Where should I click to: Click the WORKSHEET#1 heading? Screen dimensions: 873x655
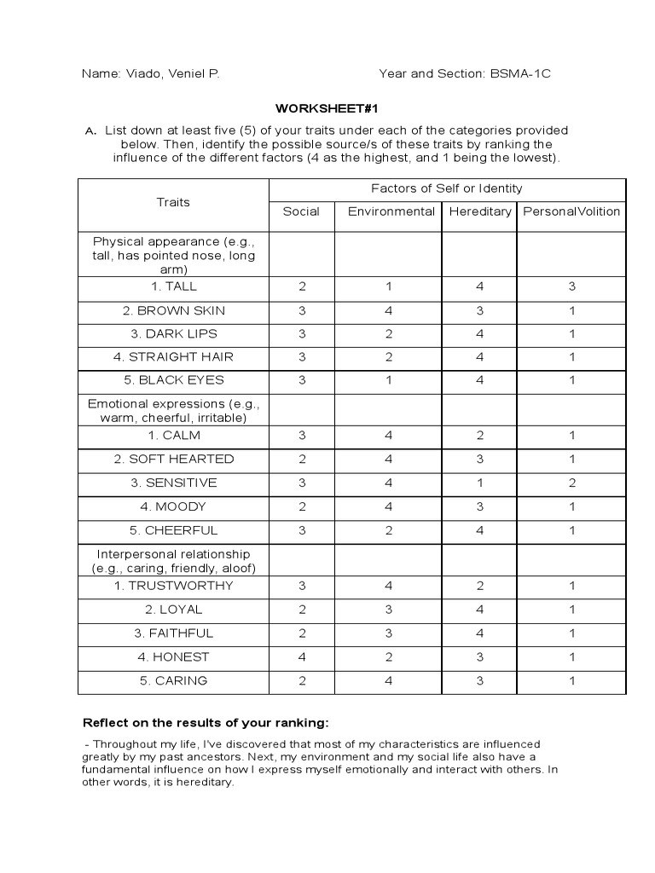327,108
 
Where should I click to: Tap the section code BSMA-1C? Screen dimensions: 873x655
520,74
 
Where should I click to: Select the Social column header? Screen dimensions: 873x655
301,212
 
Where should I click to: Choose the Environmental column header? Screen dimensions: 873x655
391,212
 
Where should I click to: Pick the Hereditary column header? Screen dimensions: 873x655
479,212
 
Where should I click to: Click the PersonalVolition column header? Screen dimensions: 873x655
571,212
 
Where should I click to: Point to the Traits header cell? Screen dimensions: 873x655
173,202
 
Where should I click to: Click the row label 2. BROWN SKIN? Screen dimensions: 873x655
173,311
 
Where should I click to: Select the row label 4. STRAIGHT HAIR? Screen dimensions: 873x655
173,357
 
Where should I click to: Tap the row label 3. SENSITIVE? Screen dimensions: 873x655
173,483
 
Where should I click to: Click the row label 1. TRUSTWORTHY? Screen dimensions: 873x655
173,587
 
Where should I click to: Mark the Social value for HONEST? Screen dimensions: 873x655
302,657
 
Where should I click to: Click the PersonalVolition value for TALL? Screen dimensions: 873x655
572,287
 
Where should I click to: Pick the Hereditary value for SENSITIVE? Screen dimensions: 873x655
479,483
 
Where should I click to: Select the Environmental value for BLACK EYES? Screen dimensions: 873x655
389,381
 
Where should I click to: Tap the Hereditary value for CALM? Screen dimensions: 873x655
479,436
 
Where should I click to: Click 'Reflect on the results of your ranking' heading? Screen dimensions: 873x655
205,723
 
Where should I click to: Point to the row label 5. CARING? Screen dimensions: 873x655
173,681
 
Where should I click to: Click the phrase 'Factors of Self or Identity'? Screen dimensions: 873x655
446,188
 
